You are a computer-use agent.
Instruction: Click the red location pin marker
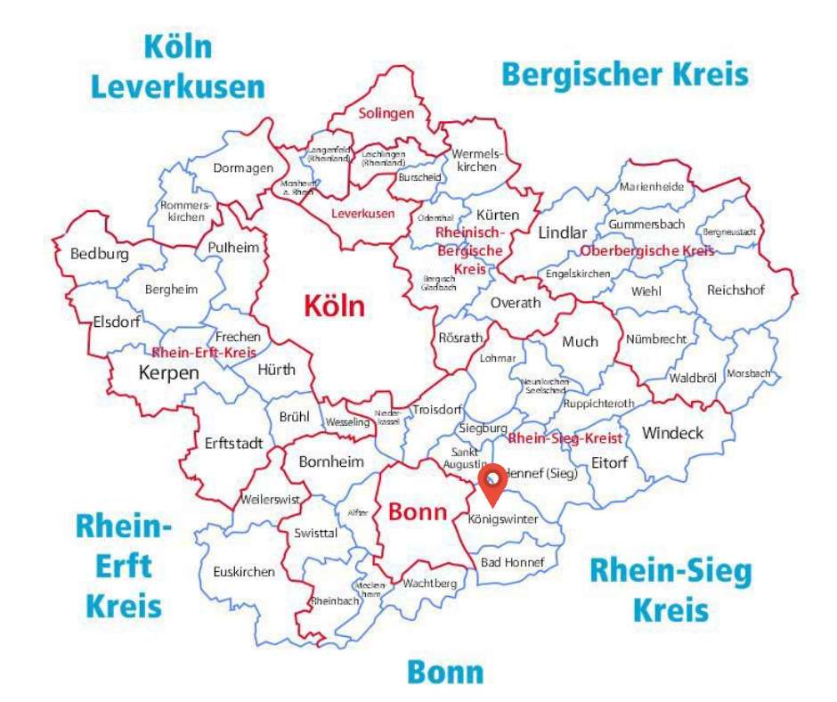coord(492,482)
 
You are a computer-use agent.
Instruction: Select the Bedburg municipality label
coord(100,255)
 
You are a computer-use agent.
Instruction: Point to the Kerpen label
coord(169,372)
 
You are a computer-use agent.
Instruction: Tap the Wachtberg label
coord(429,584)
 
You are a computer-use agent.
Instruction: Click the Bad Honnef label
coord(512,562)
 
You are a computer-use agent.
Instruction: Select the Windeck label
coord(672,433)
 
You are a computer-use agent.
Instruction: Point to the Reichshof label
coord(735,290)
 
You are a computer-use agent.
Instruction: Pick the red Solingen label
coord(386,113)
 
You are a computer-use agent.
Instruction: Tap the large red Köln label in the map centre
coord(334,306)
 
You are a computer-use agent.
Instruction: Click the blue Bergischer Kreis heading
coord(625,74)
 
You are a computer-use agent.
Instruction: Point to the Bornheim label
coord(331,461)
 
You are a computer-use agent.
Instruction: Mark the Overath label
coord(516,303)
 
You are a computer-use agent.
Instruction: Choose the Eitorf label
coord(610,462)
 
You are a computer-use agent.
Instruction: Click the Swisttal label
coord(315,533)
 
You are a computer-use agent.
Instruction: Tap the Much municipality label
coord(580,341)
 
